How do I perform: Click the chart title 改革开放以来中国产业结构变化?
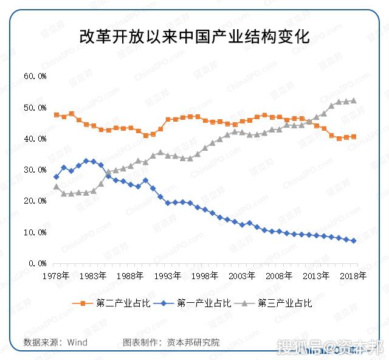[194, 35]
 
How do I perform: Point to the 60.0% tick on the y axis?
[35, 77]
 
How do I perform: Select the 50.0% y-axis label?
[35, 108]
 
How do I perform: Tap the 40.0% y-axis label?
[35, 139]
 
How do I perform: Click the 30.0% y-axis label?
[35, 170]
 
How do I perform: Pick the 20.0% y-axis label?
[35, 201]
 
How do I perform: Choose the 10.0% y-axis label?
[35, 232]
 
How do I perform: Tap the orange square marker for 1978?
[57, 115]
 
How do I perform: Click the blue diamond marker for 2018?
[353, 241]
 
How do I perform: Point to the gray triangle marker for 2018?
[353, 101]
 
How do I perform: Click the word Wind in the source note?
[77, 342]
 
